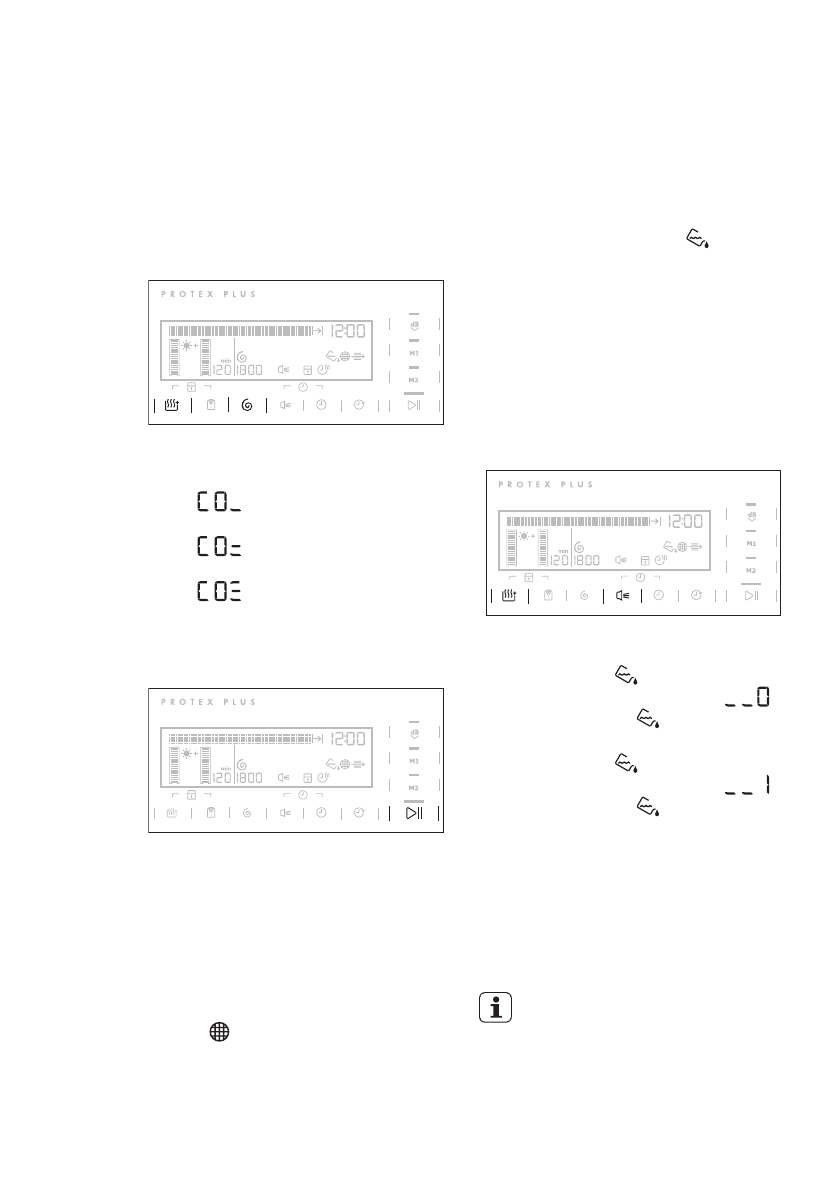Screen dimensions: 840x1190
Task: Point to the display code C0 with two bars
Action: tap(220, 547)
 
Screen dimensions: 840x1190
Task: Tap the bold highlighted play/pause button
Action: tap(414, 812)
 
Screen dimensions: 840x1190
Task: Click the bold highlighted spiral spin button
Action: tap(247, 405)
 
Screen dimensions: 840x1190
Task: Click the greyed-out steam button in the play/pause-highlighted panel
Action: tap(172, 812)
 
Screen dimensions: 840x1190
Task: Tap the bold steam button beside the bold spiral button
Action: tap(172, 405)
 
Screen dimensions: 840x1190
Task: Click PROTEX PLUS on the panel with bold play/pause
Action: tap(208, 702)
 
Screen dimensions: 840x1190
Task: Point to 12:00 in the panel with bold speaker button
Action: tap(687, 521)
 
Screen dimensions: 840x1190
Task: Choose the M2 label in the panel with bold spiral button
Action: tap(414, 380)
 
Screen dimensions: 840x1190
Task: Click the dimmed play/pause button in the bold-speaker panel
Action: tap(751, 596)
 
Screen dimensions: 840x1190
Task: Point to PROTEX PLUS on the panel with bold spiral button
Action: tap(208, 294)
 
